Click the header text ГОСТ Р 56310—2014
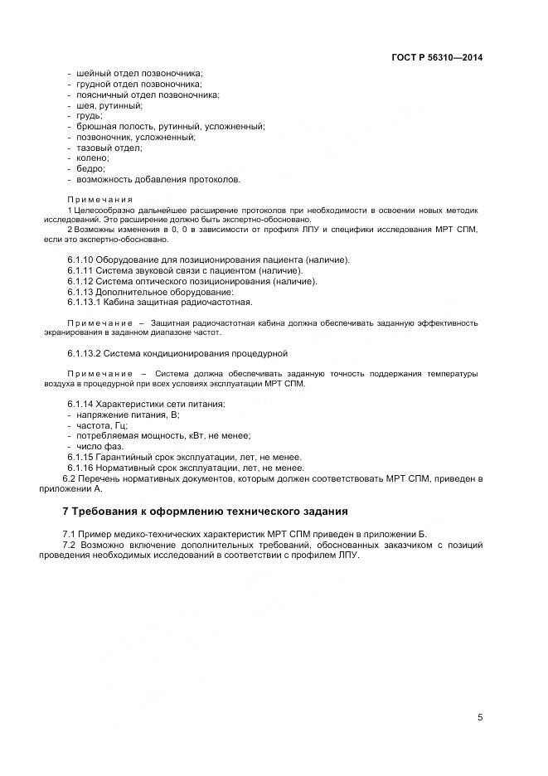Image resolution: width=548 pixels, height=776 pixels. click(x=436, y=58)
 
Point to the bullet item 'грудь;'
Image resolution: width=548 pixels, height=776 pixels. click(x=90, y=116)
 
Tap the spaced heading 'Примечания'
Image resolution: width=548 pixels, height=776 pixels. click(x=99, y=200)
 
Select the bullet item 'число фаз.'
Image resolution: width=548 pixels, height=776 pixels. click(x=99, y=446)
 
